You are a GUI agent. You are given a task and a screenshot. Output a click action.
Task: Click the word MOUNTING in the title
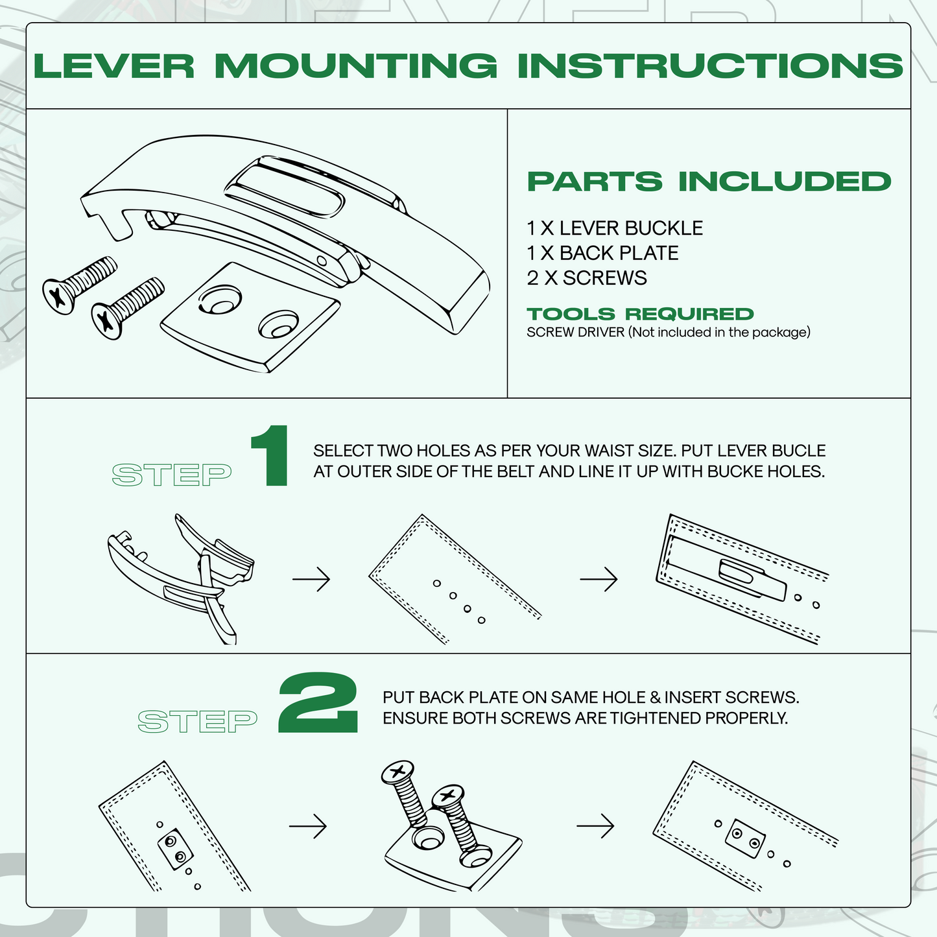356,65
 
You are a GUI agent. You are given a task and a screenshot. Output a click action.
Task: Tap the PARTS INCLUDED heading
709,182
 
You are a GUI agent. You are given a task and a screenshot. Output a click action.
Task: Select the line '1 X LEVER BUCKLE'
614,228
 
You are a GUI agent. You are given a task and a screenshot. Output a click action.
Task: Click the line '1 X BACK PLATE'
602,253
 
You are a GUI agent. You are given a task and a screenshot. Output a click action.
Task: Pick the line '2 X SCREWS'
586,278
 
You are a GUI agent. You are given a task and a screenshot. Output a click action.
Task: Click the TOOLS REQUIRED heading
640,314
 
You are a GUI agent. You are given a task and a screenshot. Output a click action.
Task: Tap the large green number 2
318,704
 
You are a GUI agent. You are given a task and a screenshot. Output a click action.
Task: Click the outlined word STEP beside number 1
172,475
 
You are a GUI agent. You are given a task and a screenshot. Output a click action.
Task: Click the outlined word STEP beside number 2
198,722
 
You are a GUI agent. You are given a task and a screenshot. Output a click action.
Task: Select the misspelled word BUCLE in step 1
803,451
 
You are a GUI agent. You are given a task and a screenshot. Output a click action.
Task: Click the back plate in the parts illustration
250,318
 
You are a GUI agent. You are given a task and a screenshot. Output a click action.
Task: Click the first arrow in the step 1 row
311,579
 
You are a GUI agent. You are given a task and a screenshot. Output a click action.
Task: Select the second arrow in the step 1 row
599,579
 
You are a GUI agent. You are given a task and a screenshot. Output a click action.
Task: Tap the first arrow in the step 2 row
308,827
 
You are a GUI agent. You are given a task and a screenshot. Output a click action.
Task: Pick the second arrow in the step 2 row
595,826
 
